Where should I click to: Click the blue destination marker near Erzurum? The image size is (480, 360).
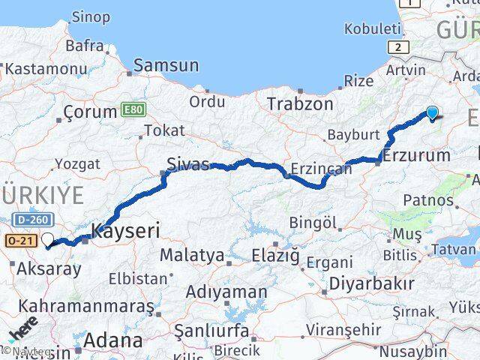432,113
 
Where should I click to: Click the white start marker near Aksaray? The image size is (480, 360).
49,240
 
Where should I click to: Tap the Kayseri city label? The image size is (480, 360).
125,230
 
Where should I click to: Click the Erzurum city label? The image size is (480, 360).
416,157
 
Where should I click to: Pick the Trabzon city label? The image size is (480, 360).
299,103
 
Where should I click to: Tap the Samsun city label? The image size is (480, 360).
166,66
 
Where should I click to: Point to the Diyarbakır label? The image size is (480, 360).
371,284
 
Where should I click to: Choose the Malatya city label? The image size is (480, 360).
192,255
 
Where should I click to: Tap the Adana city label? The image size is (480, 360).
113,340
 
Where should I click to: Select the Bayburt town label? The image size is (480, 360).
354,136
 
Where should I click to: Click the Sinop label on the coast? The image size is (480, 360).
91,16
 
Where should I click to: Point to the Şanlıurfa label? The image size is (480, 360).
211,329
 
